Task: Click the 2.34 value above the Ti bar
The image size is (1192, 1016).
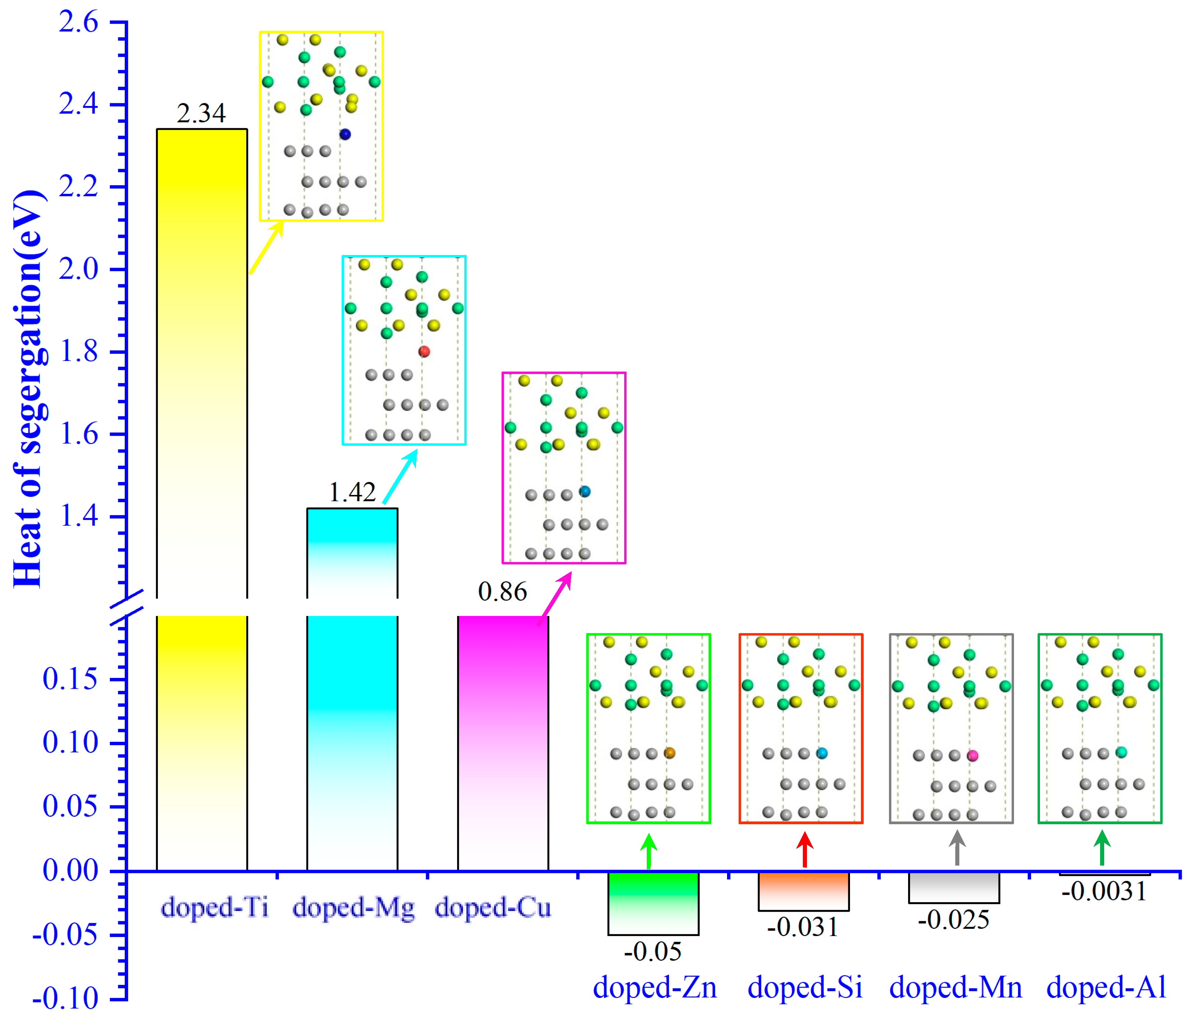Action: (201, 113)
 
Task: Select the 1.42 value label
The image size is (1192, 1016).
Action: (352, 492)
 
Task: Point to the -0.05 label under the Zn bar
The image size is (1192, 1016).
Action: (653, 951)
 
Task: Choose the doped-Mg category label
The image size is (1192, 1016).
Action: (353, 908)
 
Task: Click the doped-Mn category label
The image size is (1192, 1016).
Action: (956, 988)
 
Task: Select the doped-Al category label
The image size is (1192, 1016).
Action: (1106, 988)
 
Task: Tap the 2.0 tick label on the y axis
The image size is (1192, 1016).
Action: (78, 269)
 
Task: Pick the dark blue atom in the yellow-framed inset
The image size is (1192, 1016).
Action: (345, 134)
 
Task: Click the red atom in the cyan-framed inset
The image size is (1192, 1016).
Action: (424, 351)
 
